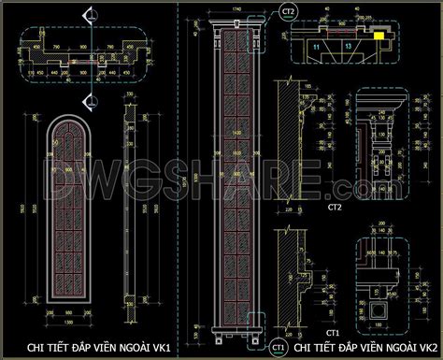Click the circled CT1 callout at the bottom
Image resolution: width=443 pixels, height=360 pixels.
[x=279, y=348]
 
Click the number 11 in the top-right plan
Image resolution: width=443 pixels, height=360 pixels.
[x=317, y=44]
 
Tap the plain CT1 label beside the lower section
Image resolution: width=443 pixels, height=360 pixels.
[x=331, y=332]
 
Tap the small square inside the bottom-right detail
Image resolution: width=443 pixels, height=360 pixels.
[x=379, y=310]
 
